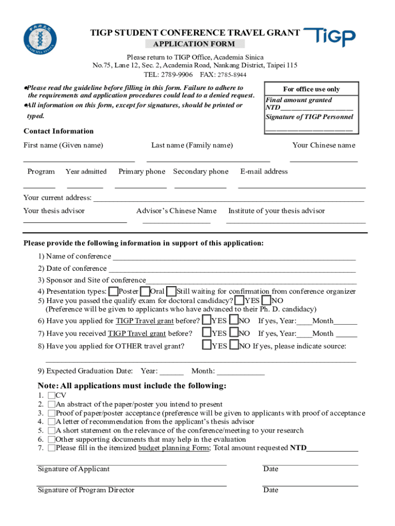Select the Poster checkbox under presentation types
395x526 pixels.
[x=113, y=291]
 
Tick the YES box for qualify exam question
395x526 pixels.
[x=239, y=300]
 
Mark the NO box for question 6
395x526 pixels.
[x=234, y=321]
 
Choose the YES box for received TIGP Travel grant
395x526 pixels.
[x=207, y=333]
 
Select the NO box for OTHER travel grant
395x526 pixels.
[x=234, y=346]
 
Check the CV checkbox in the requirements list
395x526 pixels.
[x=51, y=396]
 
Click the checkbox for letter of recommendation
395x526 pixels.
[x=51, y=422]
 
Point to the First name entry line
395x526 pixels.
[x=79, y=161]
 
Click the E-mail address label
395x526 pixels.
[x=264, y=172]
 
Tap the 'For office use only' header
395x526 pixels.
[x=311, y=89]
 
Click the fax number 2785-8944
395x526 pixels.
[x=230, y=75]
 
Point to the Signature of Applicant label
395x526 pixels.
[x=73, y=469]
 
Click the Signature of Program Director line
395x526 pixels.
[x=132, y=485]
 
